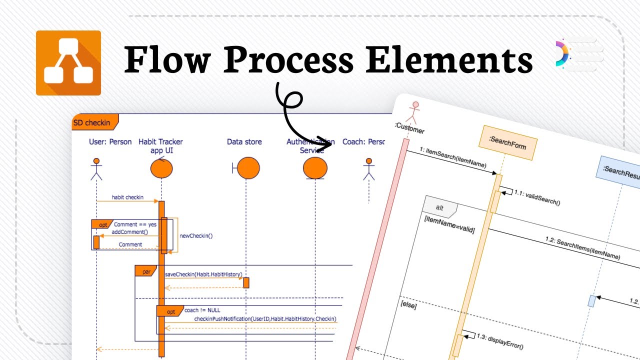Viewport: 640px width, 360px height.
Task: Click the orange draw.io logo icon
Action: [68, 62]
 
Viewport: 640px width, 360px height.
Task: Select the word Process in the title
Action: [288, 61]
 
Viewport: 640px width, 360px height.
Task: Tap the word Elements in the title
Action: [449, 61]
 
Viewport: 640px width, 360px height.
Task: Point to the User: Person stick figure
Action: [96, 169]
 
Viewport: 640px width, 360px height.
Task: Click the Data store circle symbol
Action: [248, 168]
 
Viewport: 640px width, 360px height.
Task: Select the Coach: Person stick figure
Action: [369, 169]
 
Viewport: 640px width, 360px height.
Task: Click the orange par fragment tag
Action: [146, 271]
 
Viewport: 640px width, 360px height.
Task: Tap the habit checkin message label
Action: [127, 197]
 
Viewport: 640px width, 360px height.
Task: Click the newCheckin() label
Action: [196, 235]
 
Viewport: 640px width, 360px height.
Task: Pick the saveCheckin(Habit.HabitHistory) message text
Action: [203, 274]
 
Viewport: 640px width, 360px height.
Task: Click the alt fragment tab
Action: [439, 207]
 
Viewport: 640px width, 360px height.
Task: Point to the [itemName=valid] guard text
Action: [448, 225]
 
